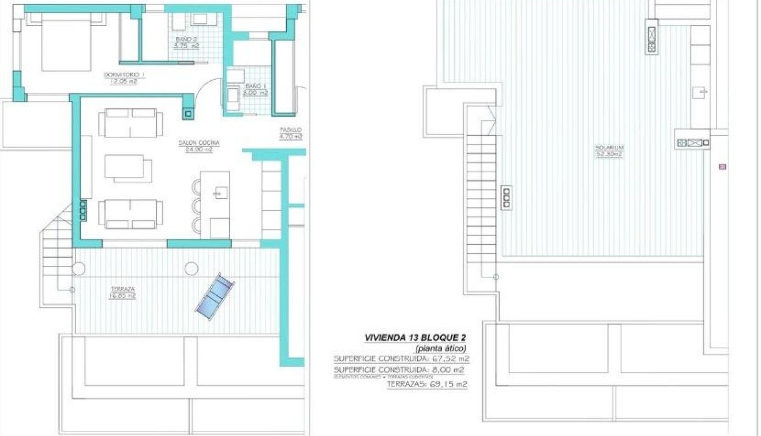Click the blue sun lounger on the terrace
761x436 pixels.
tap(215, 295)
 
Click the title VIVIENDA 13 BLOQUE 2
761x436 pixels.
tap(415, 338)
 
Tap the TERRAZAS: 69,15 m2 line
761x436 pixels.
tap(427, 384)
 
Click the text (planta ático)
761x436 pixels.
tap(440, 348)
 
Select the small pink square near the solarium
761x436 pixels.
tap(722, 167)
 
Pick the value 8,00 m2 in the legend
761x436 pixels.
tap(450, 370)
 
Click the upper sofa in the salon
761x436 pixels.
tap(130, 122)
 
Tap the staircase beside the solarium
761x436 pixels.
tap(482, 190)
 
